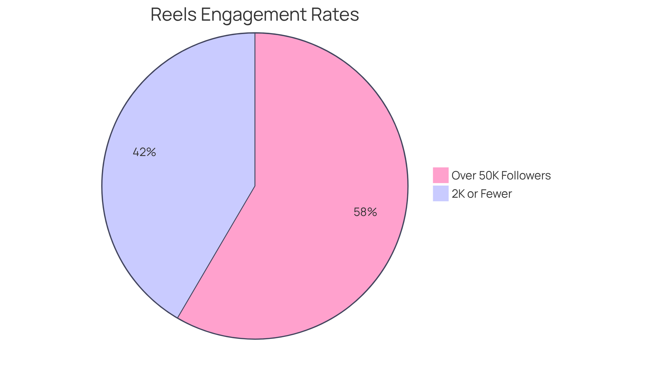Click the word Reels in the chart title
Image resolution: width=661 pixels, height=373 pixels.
(x=174, y=15)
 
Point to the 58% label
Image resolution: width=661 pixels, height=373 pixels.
(x=365, y=212)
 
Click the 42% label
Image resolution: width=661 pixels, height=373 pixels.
(x=144, y=152)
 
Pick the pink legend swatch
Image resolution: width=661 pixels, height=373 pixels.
(x=440, y=175)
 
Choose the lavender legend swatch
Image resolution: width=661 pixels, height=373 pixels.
(x=440, y=193)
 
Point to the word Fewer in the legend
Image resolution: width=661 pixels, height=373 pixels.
(x=496, y=194)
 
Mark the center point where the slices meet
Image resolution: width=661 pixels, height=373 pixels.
(x=255, y=186)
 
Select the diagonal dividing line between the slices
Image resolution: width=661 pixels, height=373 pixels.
(x=216, y=252)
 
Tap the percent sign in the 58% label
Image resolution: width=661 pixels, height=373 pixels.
(x=372, y=212)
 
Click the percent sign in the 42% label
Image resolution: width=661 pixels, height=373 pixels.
(x=151, y=152)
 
